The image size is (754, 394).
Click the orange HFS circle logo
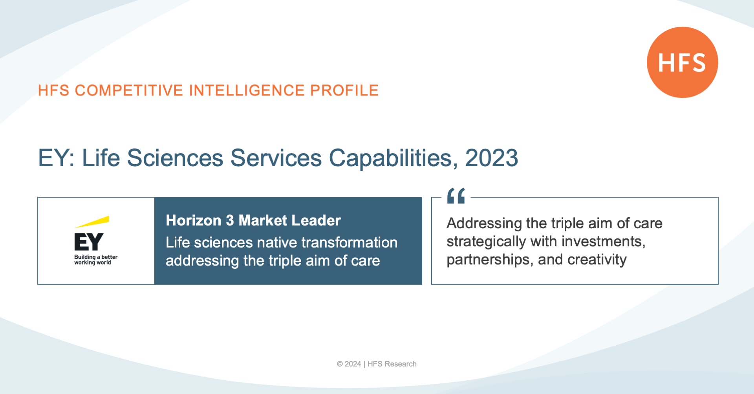point(682,62)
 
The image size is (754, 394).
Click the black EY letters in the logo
point(89,242)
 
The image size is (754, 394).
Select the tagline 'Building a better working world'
point(96,260)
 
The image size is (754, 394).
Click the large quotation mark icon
point(456,196)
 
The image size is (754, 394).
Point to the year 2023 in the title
point(492,158)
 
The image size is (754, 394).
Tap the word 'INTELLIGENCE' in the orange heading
point(247,90)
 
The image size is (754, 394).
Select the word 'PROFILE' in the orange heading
point(344,90)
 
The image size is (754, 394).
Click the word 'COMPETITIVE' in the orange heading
point(129,90)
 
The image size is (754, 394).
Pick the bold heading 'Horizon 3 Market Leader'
point(253,220)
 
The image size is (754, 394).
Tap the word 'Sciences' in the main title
point(175,158)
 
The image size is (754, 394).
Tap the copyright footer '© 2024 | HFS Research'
point(377,364)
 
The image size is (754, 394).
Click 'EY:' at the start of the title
point(56,158)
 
